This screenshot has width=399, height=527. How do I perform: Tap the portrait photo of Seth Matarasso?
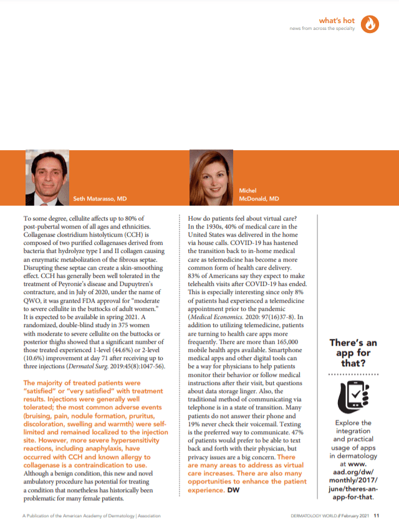(47, 178)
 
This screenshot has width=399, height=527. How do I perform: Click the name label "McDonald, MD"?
(259, 199)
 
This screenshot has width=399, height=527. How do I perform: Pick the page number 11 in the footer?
(377, 515)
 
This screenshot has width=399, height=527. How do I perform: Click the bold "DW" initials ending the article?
(233, 490)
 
